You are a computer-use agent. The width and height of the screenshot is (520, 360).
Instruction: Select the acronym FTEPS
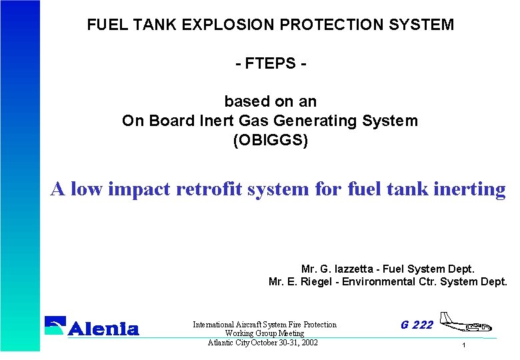click(271, 65)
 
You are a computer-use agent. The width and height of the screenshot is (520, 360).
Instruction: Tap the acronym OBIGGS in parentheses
click(271, 141)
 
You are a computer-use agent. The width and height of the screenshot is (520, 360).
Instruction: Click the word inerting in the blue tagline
click(471, 189)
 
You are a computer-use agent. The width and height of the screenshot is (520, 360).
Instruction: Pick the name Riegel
click(317, 282)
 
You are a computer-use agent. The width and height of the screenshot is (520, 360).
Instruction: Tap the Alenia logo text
click(104, 328)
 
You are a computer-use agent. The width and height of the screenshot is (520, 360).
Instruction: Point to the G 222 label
click(417, 325)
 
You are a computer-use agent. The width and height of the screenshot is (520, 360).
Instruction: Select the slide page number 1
click(464, 345)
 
